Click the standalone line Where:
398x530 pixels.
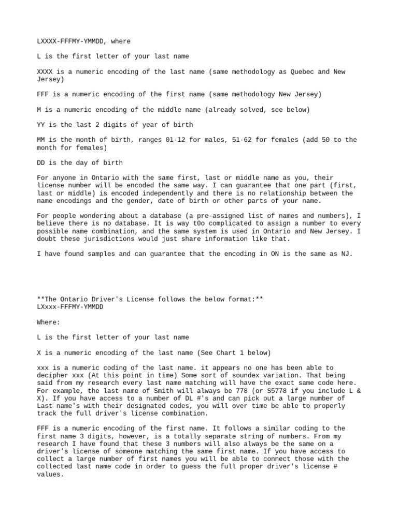(48, 322)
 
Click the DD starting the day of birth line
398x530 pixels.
(41, 163)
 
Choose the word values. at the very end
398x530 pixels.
(50, 474)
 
